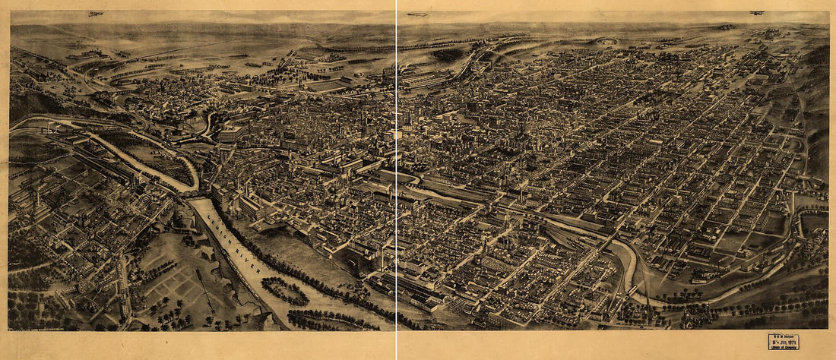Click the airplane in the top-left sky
tap(95, 14)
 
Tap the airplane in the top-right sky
tap(757, 13)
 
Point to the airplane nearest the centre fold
tap(418, 14)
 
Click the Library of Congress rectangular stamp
tap(783, 342)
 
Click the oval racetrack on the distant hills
tap(606, 41)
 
